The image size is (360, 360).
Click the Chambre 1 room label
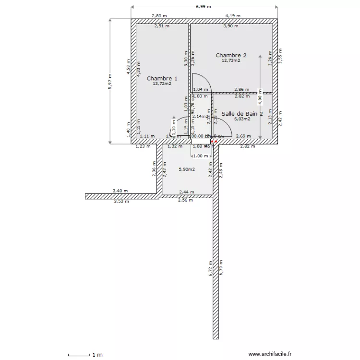162,78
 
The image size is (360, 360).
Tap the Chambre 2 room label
231,55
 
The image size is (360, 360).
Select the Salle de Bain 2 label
242,114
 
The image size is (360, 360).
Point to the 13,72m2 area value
162,84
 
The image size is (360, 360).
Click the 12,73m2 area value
231,60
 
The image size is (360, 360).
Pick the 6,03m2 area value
242,119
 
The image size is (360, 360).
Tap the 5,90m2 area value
187,169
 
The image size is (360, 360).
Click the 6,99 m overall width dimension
204,7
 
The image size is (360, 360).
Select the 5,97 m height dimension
110,81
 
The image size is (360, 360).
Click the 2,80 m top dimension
159,16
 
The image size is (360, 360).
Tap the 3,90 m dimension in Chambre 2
231,26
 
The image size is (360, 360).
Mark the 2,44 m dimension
187,192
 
